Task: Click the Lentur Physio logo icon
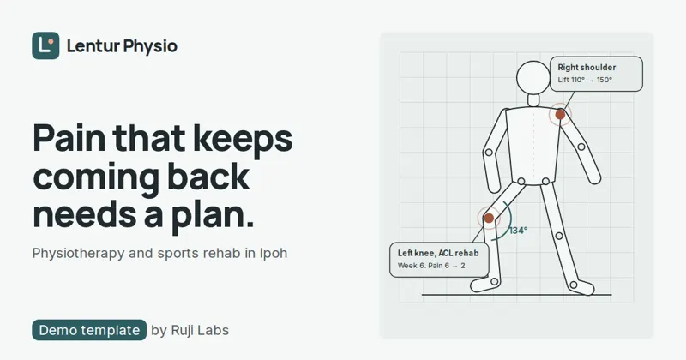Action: (x=45, y=45)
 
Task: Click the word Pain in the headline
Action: (x=69, y=138)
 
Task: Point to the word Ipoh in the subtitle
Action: (x=274, y=253)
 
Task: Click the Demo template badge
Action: (x=89, y=330)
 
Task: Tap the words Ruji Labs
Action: (x=200, y=330)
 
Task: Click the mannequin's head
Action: (x=533, y=78)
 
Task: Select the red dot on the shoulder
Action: (x=560, y=115)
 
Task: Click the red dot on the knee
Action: (x=489, y=218)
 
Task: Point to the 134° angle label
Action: (x=519, y=231)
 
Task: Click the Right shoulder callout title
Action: (x=587, y=68)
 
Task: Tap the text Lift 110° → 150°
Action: (x=585, y=80)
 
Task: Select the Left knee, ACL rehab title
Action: (x=438, y=253)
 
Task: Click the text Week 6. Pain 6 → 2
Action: (x=431, y=266)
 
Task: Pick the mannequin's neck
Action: (x=533, y=100)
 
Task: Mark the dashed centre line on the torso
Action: (x=533, y=143)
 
